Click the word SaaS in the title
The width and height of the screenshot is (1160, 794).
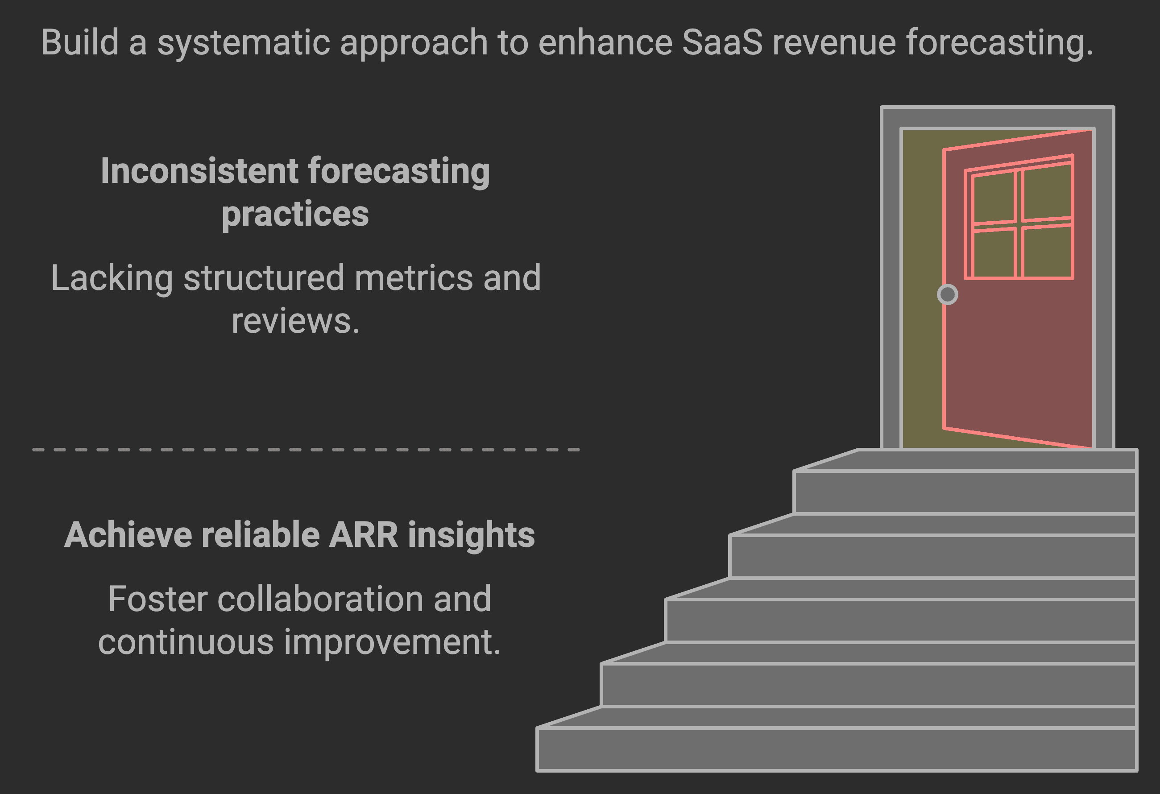point(722,42)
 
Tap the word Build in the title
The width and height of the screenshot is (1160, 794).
point(80,42)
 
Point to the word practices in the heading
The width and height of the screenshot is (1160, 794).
point(295,215)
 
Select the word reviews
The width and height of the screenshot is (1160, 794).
point(294,322)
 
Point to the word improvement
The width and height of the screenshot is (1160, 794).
point(392,642)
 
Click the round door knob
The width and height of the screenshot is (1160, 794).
point(947,294)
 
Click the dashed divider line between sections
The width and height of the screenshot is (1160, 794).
point(306,450)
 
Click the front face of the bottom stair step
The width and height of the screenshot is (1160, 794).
point(836,749)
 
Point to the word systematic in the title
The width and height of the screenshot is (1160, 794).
point(244,42)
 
